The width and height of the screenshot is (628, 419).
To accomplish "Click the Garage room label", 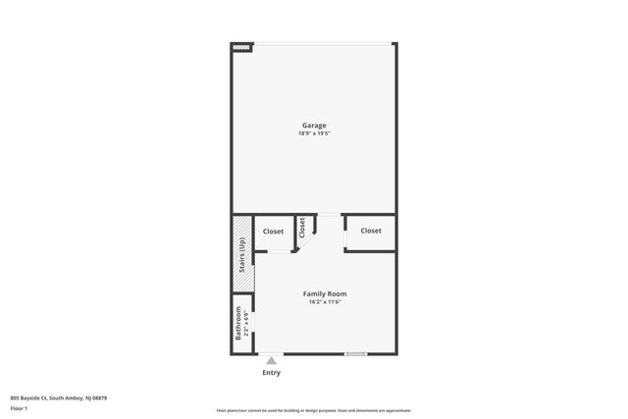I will point(313,125).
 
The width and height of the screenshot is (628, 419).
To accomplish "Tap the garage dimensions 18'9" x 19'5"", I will point(313,132).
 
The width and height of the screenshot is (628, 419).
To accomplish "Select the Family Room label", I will point(324,293).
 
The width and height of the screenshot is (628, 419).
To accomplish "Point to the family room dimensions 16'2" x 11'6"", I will point(324,301).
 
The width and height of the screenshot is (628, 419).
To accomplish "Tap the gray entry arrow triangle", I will point(272,360).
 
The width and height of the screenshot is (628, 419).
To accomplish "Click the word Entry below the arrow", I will point(272,372).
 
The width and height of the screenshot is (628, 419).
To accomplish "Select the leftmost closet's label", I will point(273,232).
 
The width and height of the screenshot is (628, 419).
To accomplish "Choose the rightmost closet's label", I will point(370,231).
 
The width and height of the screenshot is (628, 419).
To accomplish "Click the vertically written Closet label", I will point(302,228).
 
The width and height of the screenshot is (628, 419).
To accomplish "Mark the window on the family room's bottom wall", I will point(355,353).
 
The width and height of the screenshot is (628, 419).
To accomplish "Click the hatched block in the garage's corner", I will point(242,45).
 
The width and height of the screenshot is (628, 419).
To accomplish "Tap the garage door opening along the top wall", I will point(324,43).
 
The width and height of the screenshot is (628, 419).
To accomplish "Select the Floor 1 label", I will point(19,406).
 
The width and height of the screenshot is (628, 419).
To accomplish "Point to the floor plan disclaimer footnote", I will point(313,410).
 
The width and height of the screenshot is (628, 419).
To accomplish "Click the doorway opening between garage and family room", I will point(329,214).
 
